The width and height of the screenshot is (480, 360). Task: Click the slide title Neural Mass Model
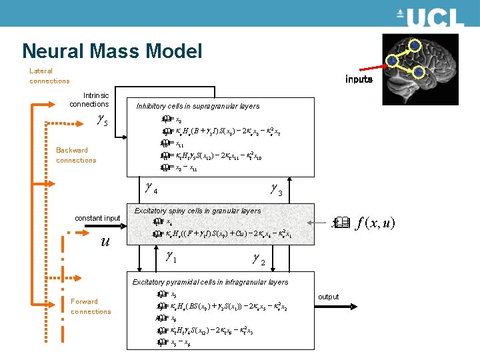112,51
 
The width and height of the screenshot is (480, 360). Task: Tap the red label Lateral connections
49,76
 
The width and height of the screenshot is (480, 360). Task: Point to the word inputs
359,79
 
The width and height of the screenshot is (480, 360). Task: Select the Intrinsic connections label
89,100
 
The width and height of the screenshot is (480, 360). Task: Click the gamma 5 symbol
102,121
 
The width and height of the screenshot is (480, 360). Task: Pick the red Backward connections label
76,155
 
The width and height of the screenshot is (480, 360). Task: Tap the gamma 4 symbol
151,189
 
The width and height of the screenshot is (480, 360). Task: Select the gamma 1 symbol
171,255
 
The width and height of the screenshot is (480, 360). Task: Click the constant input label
97,219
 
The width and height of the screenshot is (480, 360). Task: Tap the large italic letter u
105,241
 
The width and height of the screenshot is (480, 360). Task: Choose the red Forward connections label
91,307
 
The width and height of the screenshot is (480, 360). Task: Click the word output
328,297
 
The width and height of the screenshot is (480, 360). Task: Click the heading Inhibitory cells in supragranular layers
197,106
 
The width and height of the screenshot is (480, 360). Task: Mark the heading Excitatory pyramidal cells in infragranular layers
210,282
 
